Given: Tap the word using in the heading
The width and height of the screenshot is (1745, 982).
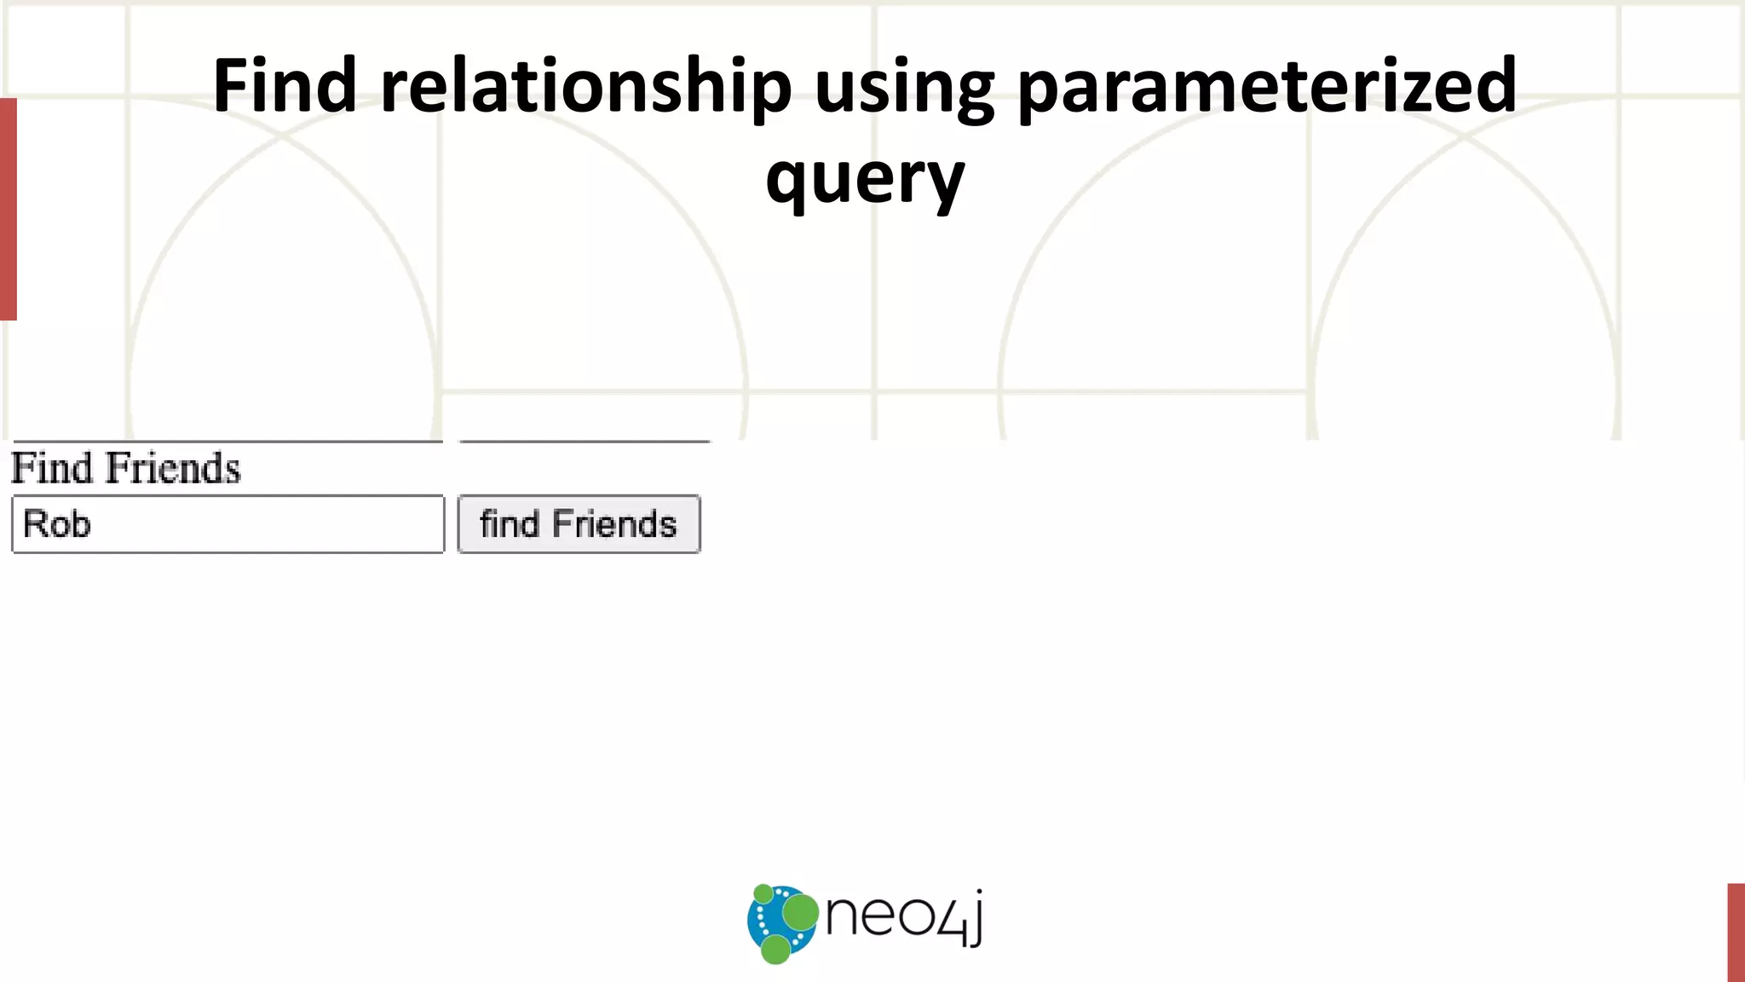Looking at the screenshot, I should point(904,87).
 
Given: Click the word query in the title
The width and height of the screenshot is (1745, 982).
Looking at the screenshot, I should point(865,179).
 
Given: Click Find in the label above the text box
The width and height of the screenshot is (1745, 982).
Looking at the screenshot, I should point(51,468).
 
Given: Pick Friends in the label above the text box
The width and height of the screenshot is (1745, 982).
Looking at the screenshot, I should point(173,468).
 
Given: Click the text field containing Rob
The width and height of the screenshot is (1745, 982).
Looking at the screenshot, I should point(227,524).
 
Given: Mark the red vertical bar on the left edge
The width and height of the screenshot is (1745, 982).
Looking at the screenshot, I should point(8,209).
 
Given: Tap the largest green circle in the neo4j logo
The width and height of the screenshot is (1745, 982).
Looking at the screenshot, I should point(800,913).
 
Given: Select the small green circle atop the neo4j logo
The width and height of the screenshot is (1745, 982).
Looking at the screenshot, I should point(763,893).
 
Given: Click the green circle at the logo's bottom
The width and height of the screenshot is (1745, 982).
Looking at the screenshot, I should point(775,949).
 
